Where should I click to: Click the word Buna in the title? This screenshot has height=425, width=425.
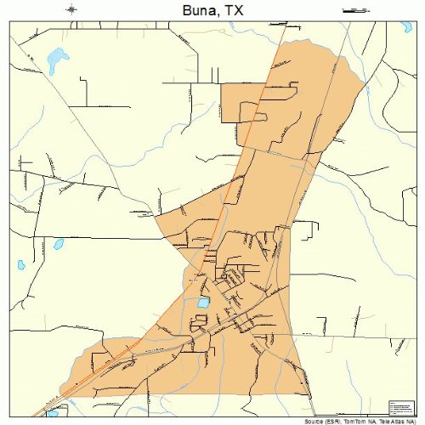[197, 10]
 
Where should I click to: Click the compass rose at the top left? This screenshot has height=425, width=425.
[72, 10]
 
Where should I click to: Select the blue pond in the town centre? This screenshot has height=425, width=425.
[204, 302]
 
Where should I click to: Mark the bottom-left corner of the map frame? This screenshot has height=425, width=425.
[9, 416]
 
